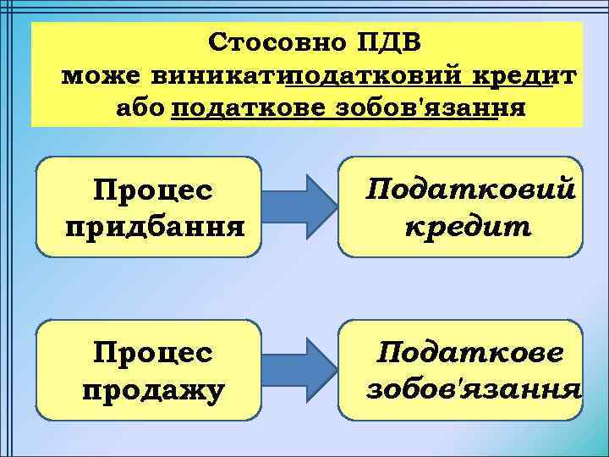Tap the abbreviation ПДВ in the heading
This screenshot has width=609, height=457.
point(393,42)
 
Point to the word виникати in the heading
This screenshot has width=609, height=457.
point(217,75)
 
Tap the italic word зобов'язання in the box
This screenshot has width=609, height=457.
point(473,389)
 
